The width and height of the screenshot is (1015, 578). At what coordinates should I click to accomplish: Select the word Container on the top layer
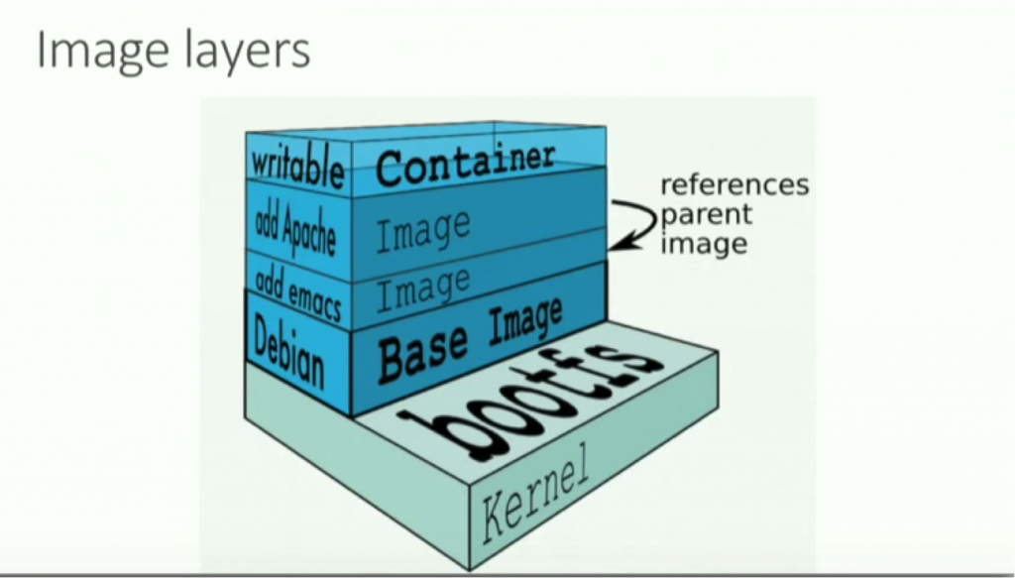464,163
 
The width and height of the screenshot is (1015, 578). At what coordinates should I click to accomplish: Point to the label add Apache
295,226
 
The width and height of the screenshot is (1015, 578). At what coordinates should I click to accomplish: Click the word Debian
288,353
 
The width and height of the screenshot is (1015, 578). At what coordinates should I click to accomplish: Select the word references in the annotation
733,185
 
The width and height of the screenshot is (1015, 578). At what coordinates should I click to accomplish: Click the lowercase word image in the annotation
703,242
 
